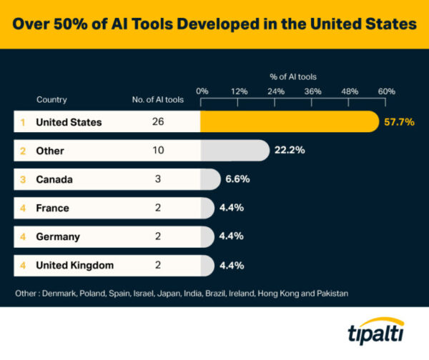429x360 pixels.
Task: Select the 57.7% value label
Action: tap(399, 122)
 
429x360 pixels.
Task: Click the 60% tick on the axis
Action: tap(386, 91)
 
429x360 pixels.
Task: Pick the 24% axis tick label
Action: tap(275, 91)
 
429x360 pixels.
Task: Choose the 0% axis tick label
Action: tap(202, 91)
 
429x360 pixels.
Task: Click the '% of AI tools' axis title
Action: tap(293, 76)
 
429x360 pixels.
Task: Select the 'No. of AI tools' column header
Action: tap(158, 100)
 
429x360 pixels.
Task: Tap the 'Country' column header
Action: tap(51, 100)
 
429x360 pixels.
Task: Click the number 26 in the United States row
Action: tap(158, 122)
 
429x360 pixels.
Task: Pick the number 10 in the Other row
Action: tap(158, 151)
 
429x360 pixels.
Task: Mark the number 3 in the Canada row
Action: tap(158, 179)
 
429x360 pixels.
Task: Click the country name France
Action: tap(52, 208)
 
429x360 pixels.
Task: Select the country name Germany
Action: tap(57, 236)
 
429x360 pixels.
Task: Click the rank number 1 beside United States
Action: tap(23, 122)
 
